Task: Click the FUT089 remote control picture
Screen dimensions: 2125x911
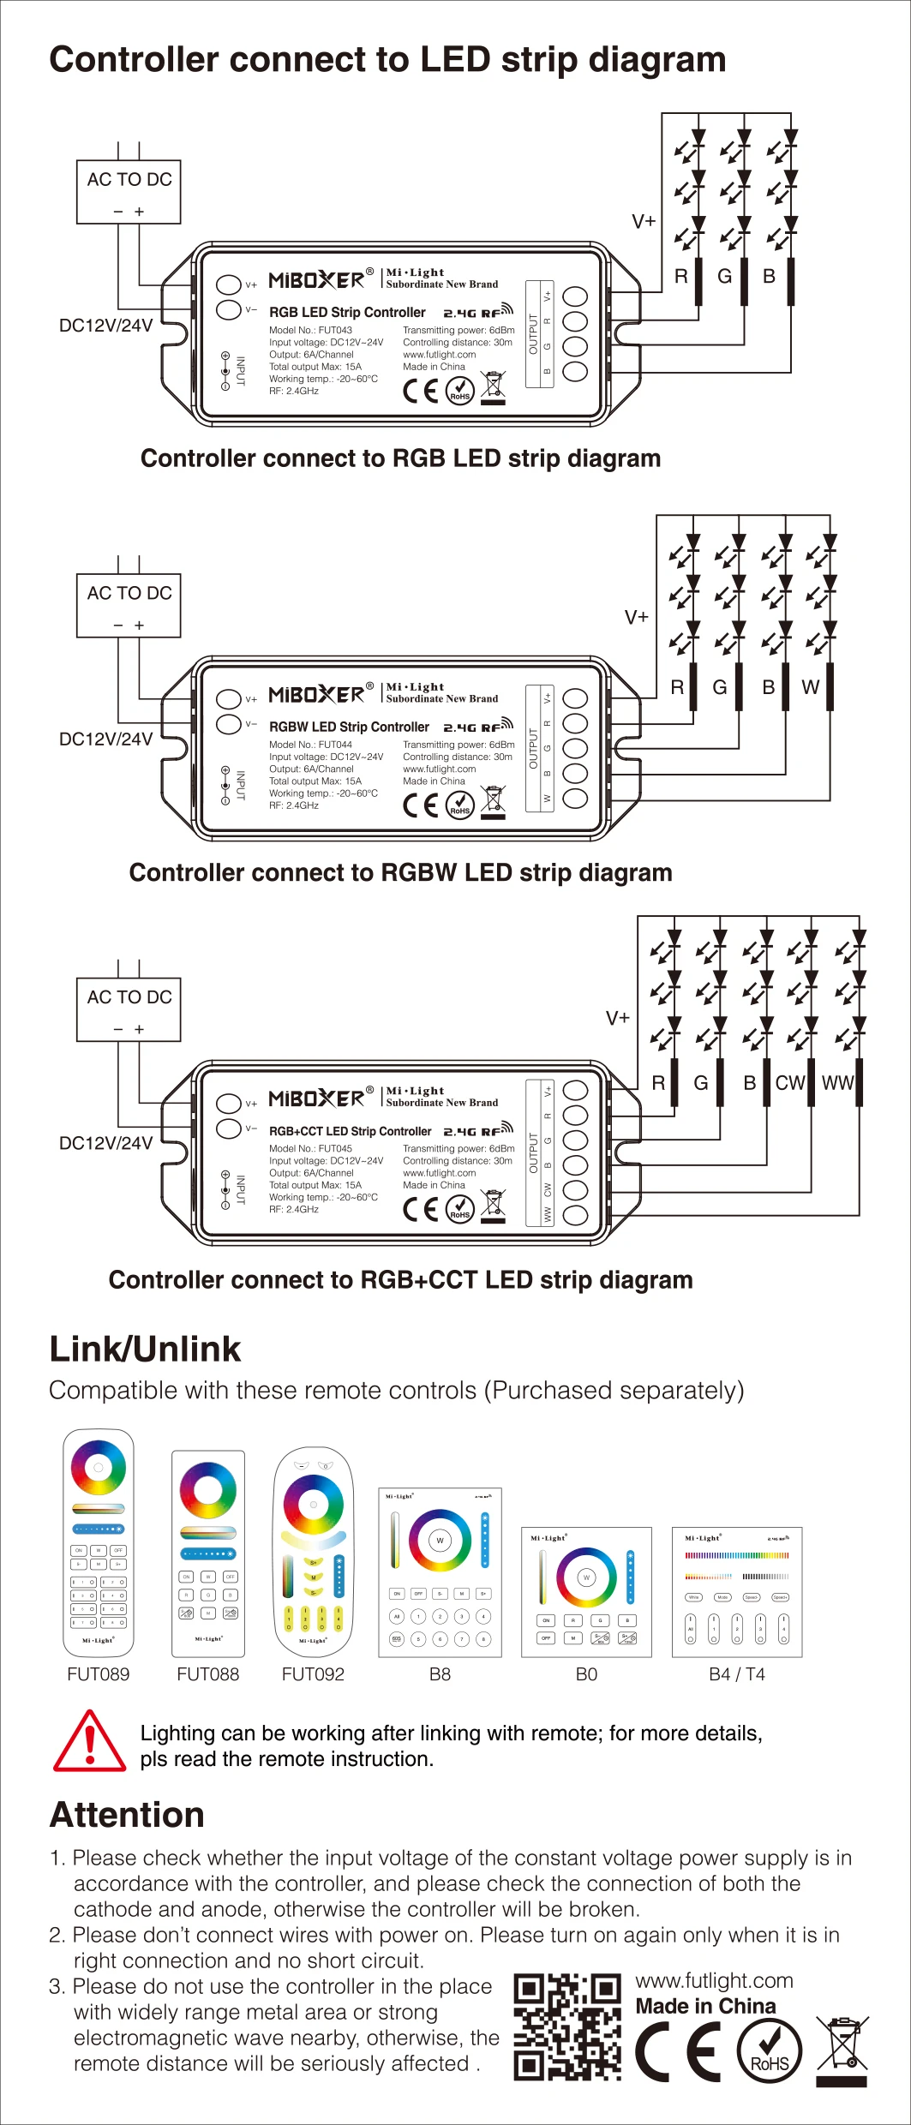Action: [x=99, y=1542]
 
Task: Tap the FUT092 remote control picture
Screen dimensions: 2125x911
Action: [x=313, y=1552]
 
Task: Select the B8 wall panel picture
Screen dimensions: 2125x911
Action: [x=440, y=1572]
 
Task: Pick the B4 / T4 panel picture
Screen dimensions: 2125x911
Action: [x=737, y=1592]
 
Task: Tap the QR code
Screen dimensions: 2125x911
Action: [x=566, y=2027]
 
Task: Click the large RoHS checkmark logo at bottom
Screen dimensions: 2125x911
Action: [x=770, y=2051]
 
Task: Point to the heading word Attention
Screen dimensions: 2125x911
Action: [x=127, y=1815]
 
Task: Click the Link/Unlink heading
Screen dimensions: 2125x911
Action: [x=145, y=1349]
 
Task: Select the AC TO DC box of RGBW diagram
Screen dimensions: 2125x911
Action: [x=129, y=605]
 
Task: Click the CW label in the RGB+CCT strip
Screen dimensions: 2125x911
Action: [x=790, y=1083]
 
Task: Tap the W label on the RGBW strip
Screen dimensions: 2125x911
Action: [x=811, y=687]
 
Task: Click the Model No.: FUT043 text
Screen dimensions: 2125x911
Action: [x=310, y=330]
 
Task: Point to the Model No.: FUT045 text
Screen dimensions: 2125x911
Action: [x=310, y=1148]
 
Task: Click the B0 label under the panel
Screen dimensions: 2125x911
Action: [x=586, y=1674]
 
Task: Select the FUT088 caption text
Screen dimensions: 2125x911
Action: [x=207, y=1674]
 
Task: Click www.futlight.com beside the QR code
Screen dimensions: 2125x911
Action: [x=714, y=1980]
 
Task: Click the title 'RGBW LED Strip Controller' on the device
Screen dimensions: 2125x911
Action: [x=349, y=727]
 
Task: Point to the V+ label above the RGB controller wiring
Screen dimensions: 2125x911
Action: [x=644, y=222]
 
